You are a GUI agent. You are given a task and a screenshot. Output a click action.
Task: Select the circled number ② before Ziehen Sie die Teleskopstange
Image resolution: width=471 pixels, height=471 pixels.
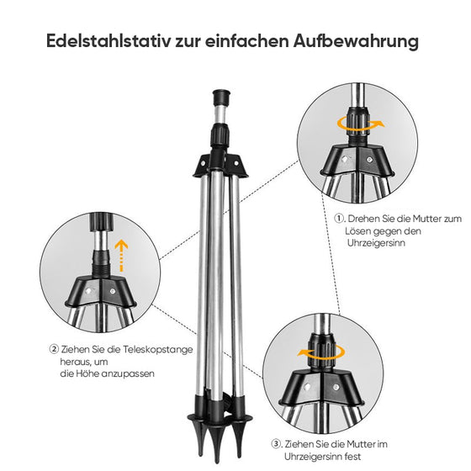tap(54, 348)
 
